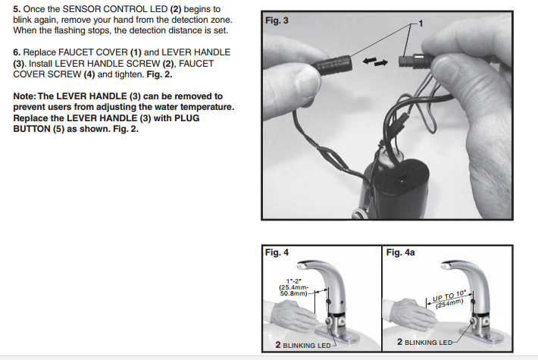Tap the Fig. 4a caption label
[400, 252]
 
